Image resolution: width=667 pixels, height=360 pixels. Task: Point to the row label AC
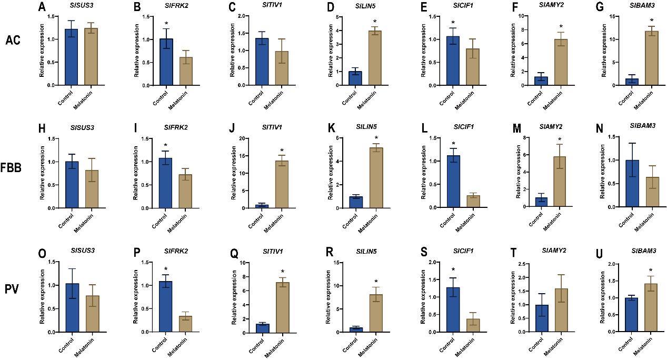pos(14,40)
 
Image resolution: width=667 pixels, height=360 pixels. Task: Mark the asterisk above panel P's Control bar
pos(165,269)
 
